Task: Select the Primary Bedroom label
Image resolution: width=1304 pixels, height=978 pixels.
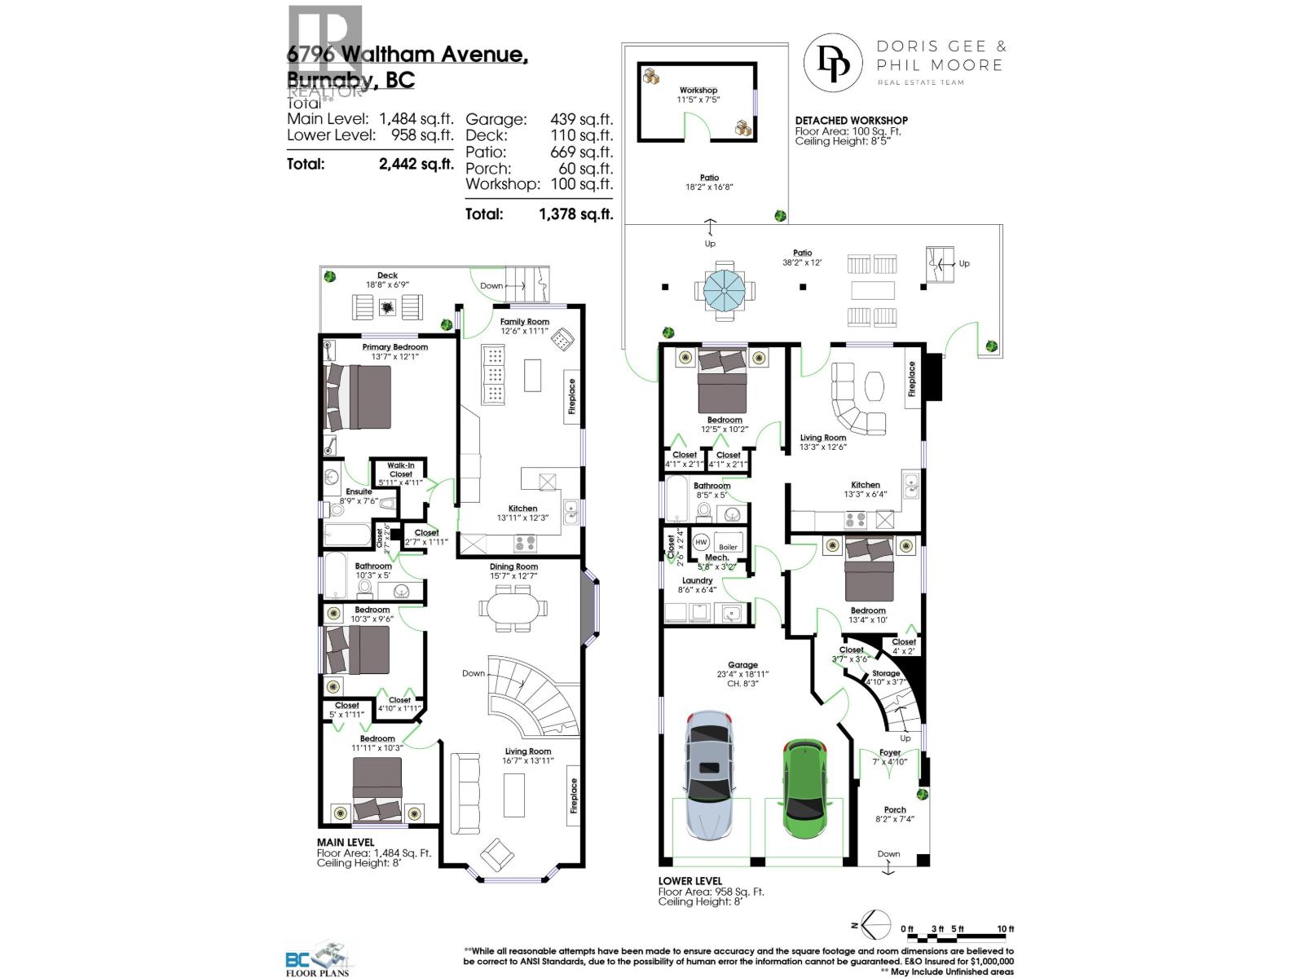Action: point(394,347)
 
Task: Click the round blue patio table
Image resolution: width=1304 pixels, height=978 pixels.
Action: point(724,288)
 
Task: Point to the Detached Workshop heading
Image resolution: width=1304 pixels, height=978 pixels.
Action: point(851,121)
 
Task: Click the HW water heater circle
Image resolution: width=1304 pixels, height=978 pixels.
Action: point(701,543)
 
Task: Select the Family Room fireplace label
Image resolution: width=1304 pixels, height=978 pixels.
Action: point(572,397)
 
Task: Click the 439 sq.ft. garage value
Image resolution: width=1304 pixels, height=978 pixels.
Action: point(581,120)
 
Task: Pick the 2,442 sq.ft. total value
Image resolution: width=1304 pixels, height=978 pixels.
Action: point(416,164)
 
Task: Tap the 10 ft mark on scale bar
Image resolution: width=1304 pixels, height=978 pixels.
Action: point(1005,929)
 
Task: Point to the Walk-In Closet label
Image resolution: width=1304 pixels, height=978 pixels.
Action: point(400,470)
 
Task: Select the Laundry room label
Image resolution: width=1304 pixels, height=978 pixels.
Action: point(697,581)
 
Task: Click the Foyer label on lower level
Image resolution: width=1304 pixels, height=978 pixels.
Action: point(890,753)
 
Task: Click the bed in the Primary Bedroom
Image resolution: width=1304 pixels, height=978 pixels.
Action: point(359,397)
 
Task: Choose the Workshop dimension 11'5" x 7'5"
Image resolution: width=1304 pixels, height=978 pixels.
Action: point(698,100)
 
